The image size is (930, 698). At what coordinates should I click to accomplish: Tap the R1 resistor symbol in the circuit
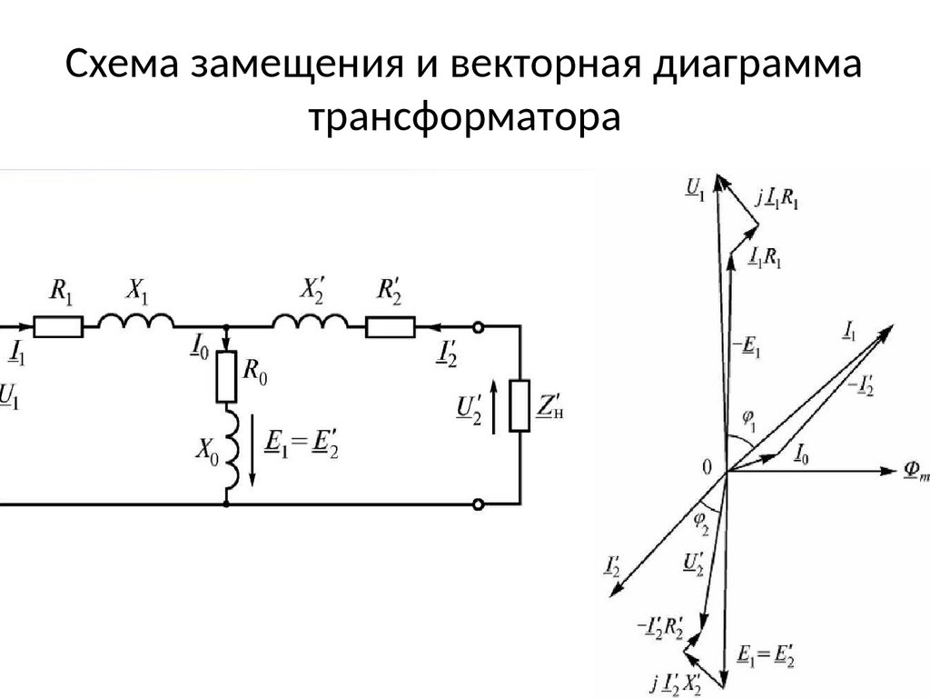[58, 325]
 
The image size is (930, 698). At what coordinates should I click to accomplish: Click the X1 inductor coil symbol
[136, 323]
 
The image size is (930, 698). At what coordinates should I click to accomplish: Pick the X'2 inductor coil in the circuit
[311, 323]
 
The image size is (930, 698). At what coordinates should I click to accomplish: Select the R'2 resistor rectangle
[391, 325]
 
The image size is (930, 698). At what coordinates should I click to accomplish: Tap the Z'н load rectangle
[520, 406]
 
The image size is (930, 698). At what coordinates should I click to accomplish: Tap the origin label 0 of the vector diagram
[708, 468]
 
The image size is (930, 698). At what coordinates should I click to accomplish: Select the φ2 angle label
[700, 521]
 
